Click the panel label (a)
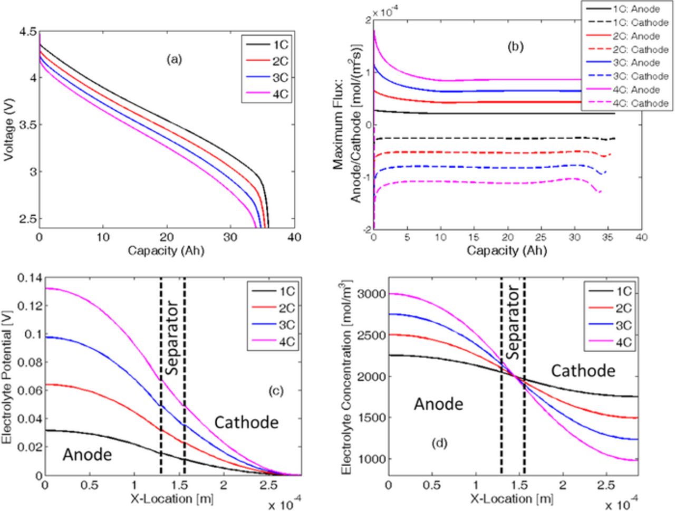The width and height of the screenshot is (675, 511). click(x=173, y=60)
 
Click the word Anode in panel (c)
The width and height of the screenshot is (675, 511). click(x=87, y=455)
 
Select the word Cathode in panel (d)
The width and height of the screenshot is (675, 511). click(x=583, y=371)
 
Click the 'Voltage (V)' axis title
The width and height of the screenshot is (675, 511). click(x=8, y=126)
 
